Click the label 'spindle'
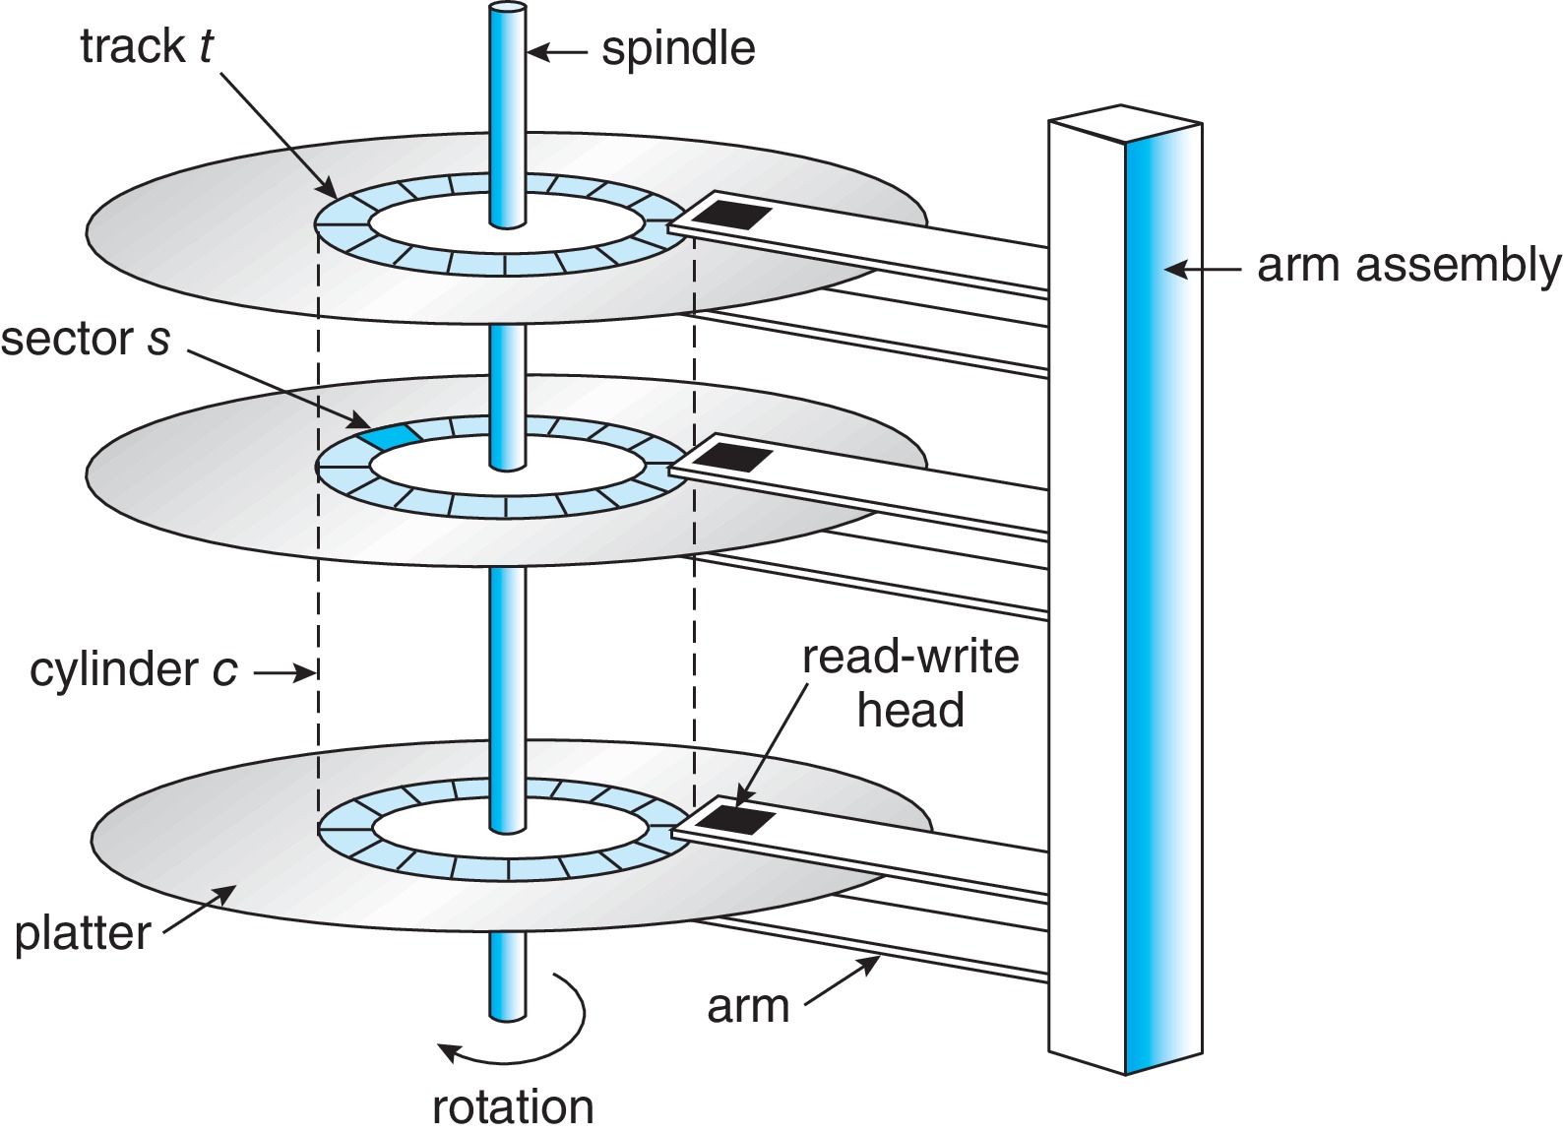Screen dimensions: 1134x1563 pyautogui.click(x=678, y=48)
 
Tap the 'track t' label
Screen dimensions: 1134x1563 pyautogui.click(x=146, y=46)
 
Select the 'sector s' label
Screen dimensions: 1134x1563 pyautogui.click(x=86, y=339)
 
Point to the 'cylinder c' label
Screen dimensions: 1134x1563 pyautogui.click(x=133, y=670)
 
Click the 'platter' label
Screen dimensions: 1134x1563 pyautogui.click(x=83, y=933)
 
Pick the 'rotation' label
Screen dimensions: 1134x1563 pyautogui.click(x=513, y=1106)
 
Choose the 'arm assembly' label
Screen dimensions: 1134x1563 pyautogui.click(x=1408, y=266)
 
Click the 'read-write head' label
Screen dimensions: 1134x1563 pyautogui.click(x=910, y=683)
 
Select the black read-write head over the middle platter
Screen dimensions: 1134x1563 pyautogui.click(x=734, y=456)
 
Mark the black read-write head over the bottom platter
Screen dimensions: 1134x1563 pyautogui.click(x=735, y=818)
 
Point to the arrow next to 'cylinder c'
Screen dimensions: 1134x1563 pyautogui.click(x=284, y=673)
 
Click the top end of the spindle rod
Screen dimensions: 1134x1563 pyautogui.click(x=506, y=12)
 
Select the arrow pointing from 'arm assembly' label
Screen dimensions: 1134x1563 pyautogui.click(x=1200, y=267)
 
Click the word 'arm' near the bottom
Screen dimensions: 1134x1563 pyautogui.click(x=748, y=1006)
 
